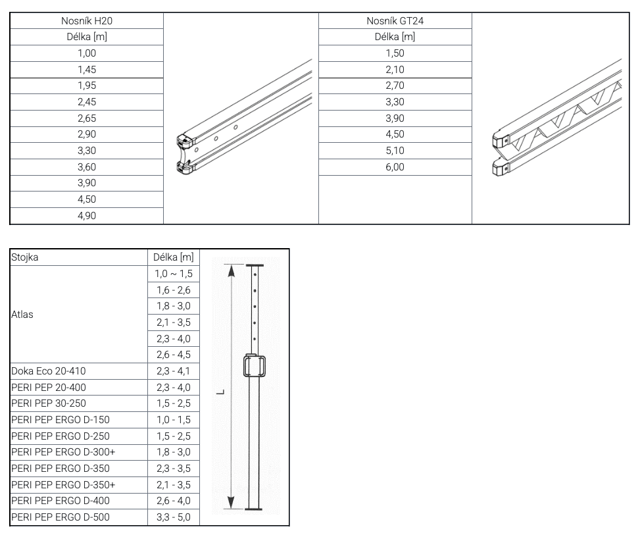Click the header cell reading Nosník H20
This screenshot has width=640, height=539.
pos(87,21)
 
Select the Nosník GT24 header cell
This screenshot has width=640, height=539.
pos(395,21)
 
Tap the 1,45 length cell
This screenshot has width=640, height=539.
pos(87,69)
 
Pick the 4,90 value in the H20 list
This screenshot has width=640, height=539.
pos(87,216)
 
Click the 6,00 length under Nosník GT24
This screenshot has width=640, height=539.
pos(395,167)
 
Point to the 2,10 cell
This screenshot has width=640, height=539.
pos(395,69)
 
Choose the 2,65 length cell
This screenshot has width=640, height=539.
pos(87,118)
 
